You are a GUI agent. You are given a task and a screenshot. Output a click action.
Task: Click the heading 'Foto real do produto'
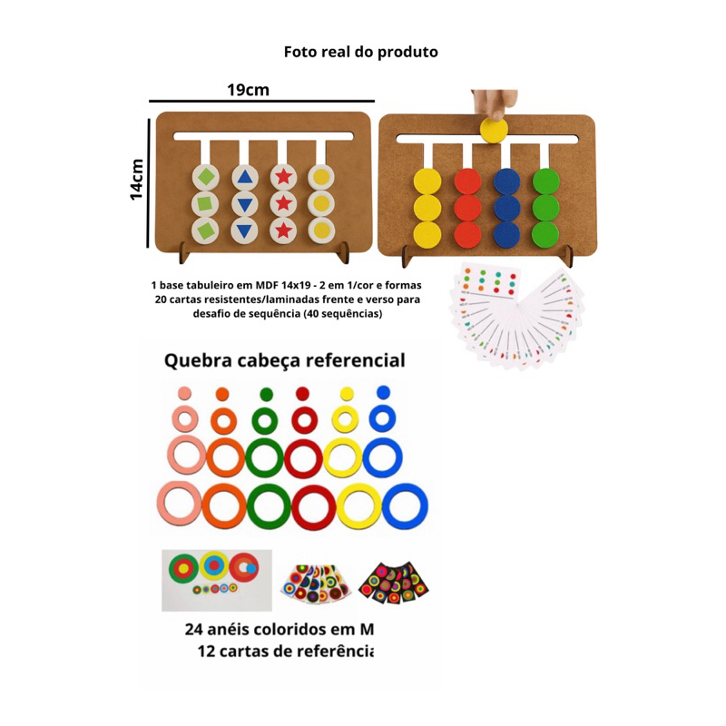[361, 52]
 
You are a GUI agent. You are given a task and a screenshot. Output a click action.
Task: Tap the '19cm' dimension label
[248, 90]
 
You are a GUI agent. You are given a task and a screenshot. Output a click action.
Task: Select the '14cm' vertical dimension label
[136, 179]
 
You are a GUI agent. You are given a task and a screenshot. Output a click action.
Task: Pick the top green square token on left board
[208, 176]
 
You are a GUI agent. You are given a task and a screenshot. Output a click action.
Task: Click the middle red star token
[283, 202]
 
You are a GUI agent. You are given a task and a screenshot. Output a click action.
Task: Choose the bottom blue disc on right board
[506, 234]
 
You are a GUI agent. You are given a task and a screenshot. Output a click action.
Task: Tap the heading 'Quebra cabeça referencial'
[284, 360]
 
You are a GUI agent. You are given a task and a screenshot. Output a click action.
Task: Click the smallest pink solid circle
[184, 393]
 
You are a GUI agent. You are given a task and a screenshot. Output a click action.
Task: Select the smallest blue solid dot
[382, 392]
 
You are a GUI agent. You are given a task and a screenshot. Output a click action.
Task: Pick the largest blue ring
[405, 505]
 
